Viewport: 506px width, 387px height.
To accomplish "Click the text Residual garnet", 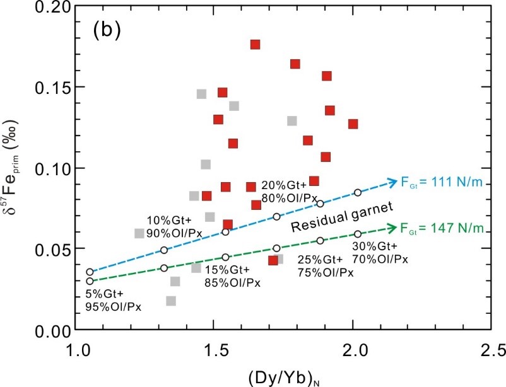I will tap(343, 216).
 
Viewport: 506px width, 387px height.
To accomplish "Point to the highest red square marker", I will tap(256, 44).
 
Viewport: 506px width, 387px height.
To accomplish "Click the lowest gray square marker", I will tap(171, 301).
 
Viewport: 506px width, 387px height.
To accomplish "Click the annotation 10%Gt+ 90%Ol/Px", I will tap(169, 226).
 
